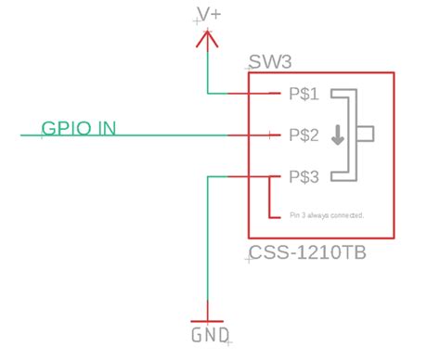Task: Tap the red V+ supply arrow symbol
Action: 208,39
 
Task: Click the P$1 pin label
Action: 304,94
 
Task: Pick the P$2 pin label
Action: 304,135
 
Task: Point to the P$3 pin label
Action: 304,176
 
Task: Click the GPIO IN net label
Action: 79,127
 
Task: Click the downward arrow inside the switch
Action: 337,135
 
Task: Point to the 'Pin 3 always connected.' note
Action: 326,216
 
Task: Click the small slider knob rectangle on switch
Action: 367,135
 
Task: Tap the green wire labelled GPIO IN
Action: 139,135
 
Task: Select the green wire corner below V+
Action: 208,93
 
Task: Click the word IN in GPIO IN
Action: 108,127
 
